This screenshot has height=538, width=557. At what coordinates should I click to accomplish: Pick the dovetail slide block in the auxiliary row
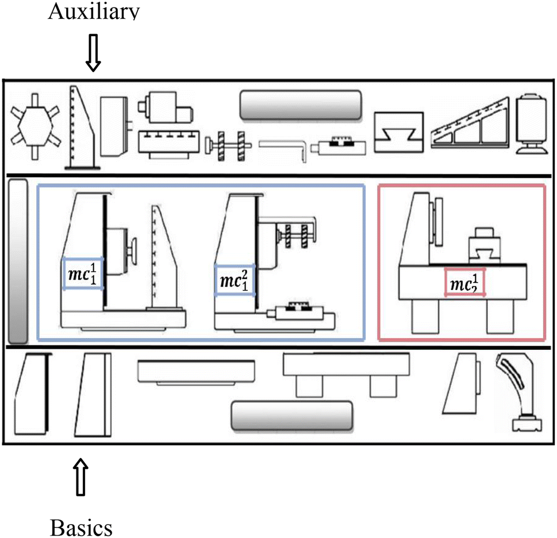tap(399, 132)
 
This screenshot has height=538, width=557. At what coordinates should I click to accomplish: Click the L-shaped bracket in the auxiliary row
tap(284, 147)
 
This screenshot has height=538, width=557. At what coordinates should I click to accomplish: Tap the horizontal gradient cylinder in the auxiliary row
tap(301, 105)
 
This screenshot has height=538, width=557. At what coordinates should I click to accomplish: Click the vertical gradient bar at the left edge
tap(18, 261)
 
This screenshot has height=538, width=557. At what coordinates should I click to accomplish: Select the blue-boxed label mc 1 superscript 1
tap(83, 273)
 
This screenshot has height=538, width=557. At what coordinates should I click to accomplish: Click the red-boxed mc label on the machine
tap(464, 283)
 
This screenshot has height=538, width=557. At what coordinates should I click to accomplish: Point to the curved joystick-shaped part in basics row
tap(521, 391)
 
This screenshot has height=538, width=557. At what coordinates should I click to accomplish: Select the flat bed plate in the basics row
tap(196, 372)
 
